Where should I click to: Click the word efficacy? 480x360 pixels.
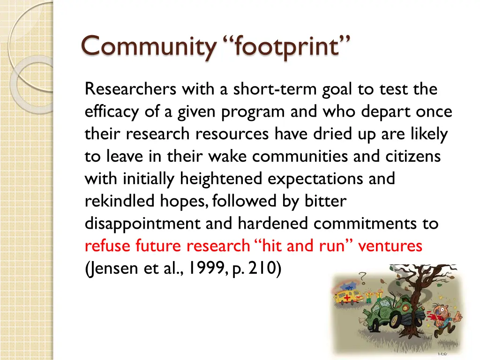pos(111,112)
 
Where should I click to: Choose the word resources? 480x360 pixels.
pos(232,134)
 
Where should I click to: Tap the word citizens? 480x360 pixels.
pos(412,156)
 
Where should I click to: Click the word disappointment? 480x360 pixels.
pos(143,224)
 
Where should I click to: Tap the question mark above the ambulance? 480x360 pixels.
pos(363,276)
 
